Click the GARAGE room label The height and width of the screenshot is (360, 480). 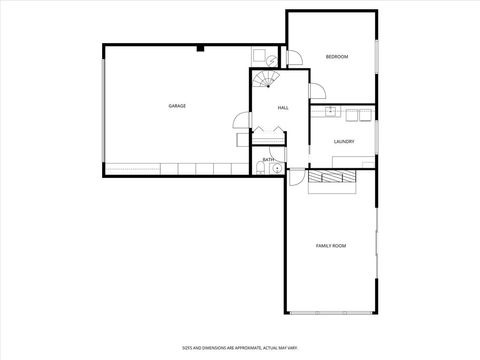(176, 106)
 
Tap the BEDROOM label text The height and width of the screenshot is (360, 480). (337, 57)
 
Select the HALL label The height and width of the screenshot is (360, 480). (283, 107)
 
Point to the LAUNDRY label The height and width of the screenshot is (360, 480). (344, 141)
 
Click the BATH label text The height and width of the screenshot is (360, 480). (268, 160)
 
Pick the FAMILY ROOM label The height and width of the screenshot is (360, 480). (331, 245)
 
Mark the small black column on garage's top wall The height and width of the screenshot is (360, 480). (201, 47)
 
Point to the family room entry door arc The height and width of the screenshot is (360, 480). (297, 180)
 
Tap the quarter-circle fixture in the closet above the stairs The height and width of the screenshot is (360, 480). (258, 57)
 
